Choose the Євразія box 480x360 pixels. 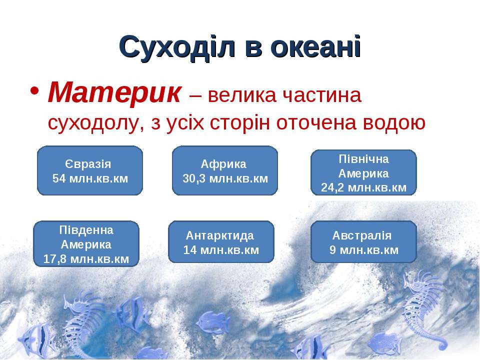coord(90,170)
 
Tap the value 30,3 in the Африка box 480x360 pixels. coord(194,178)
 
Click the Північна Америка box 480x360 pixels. coord(363,172)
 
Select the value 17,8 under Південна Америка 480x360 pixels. coord(55,259)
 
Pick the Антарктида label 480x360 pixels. coord(220,235)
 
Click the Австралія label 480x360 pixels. coord(362,235)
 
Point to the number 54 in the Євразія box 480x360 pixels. coord(59,178)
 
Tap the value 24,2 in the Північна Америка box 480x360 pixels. coord(332,187)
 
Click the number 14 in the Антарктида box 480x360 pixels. coord(190,250)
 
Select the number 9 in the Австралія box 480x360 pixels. coord(333,250)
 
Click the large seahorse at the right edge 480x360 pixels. coord(424,309)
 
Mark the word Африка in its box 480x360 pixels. coord(223,164)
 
